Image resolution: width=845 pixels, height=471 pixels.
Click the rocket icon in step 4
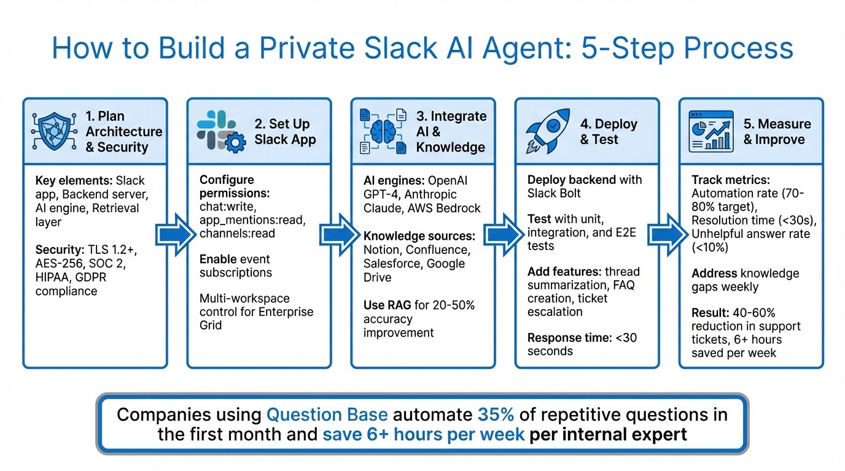(x=547, y=131)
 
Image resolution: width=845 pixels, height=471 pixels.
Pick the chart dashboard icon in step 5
(x=711, y=131)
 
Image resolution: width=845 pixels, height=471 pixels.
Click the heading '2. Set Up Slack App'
(x=285, y=132)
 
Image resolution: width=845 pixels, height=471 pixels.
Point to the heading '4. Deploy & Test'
(x=609, y=132)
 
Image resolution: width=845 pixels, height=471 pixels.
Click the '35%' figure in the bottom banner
(x=495, y=415)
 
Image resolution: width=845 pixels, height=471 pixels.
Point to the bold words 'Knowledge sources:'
(x=419, y=236)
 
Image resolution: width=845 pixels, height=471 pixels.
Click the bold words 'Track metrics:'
(x=730, y=180)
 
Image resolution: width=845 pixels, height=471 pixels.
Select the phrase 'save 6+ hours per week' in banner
(x=424, y=435)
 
